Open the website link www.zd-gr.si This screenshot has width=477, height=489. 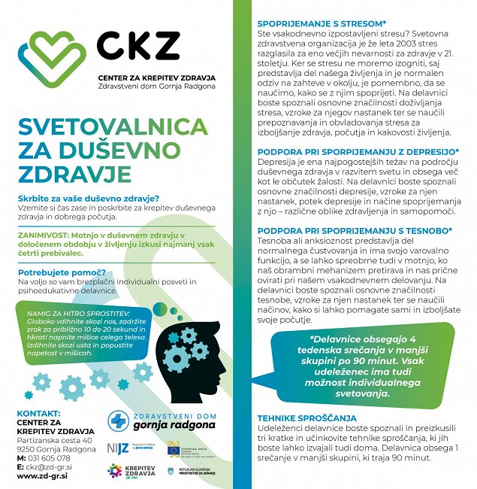point(43,476)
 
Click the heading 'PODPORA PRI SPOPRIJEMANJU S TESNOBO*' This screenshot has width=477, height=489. point(355,230)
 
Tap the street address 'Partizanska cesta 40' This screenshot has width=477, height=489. point(55,440)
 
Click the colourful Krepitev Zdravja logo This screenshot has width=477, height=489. point(114,471)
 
